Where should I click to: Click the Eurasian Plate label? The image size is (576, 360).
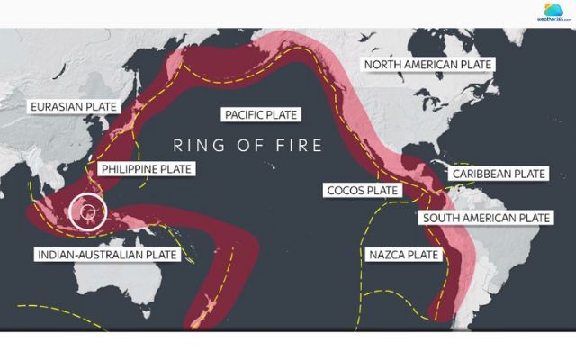pyautogui.click(x=74, y=107)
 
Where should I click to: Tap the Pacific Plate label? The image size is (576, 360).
pyautogui.click(x=261, y=114)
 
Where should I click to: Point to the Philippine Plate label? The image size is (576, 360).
pyautogui.click(x=147, y=168)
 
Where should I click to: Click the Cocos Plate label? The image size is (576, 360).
pyautogui.click(x=362, y=191)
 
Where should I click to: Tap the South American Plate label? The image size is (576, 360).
pyautogui.click(x=486, y=218)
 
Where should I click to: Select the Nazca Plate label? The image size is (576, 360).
pyautogui.click(x=404, y=255)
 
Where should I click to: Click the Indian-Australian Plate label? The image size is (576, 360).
pyautogui.click(x=106, y=255)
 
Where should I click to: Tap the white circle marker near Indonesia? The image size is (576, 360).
pyautogui.click(x=88, y=212)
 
